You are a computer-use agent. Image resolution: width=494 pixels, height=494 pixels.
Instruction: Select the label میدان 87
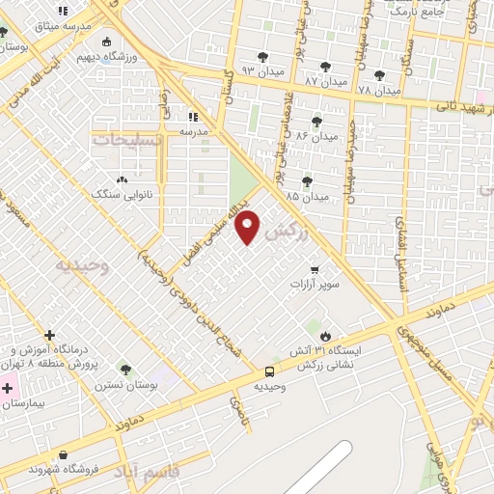[325, 82]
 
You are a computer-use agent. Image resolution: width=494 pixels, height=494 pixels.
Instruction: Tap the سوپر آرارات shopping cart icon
[315, 271]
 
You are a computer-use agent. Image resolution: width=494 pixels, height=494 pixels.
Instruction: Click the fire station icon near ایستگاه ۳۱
[325, 336]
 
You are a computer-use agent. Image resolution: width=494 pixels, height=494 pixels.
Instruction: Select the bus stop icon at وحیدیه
[269, 371]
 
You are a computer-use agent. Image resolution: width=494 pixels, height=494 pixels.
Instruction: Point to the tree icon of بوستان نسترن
[124, 369]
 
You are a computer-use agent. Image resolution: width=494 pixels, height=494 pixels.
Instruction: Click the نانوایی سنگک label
[116, 194]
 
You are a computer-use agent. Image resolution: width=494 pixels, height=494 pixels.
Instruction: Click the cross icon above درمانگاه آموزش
[49, 336]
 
